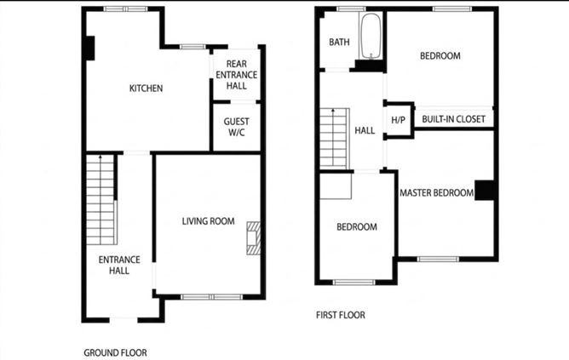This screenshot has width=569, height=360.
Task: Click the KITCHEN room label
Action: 146,89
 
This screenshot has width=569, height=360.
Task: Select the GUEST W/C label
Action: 236,127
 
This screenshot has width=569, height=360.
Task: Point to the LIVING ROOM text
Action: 208,221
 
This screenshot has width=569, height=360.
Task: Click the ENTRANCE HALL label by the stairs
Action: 113,266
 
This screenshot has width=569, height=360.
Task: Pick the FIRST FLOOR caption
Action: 340,315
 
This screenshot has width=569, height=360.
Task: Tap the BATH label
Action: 340,42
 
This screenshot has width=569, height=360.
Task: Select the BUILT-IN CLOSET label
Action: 452,120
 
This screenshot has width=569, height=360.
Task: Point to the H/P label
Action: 398,120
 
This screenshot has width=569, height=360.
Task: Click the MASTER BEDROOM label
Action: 436,193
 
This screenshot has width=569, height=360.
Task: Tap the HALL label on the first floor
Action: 365,130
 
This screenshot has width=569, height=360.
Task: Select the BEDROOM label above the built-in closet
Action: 440,56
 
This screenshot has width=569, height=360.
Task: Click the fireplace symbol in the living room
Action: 253,237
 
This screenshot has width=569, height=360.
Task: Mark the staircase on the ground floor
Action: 101,187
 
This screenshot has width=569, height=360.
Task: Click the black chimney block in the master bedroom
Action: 485,191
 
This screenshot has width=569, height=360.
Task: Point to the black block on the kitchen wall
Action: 89,49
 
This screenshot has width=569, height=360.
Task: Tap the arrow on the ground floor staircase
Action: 101,159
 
